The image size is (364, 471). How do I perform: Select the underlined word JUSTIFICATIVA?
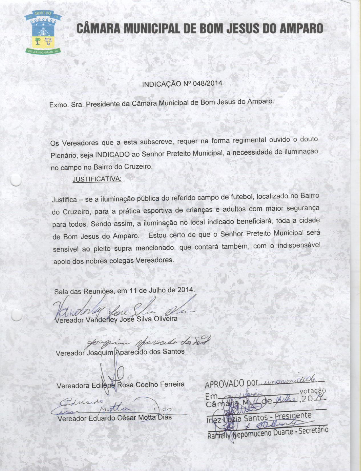point(97,179)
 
